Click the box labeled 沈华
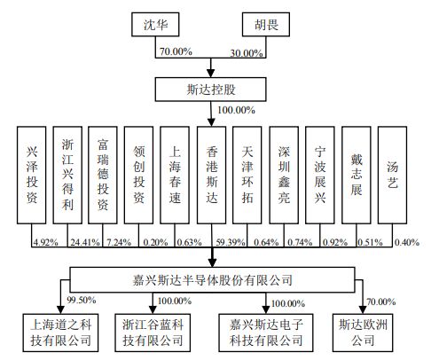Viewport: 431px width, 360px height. coord(155,25)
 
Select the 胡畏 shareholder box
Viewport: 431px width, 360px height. coord(266,25)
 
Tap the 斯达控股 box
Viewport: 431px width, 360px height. coord(211,90)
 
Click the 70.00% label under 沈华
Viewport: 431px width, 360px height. coord(176,51)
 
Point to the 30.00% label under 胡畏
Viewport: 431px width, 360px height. coord(247,53)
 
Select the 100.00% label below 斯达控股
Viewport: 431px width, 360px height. coord(236,110)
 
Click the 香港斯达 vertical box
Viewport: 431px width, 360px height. coord(211,175)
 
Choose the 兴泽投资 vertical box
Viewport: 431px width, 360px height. coord(32,175)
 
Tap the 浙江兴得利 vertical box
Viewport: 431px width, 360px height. coord(67,175)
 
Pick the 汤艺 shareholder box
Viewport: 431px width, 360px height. coord(392,175)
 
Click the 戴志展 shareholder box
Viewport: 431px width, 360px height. coord(357,175)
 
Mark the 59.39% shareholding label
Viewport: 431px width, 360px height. coord(231,242)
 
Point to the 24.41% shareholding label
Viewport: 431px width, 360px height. coord(85,242)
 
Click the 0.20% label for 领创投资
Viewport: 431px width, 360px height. coord(155,242)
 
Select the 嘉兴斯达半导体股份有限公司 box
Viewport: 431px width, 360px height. coord(212,279)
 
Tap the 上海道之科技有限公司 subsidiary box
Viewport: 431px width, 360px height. coord(60,333)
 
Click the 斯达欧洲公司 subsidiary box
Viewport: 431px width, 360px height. coord(363,333)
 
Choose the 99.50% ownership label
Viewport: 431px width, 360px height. coord(82,300)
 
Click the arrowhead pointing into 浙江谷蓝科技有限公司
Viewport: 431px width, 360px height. coord(153,309)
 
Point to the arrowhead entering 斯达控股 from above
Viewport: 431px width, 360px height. coord(211,73)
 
